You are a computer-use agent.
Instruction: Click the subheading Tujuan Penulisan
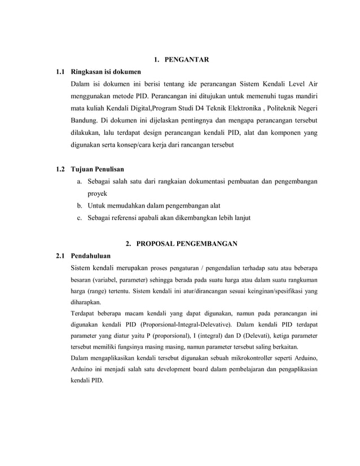click(x=97, y=169)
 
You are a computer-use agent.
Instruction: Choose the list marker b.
click(x=80, y=205)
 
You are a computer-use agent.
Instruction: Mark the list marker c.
click(x=80, y=218)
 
